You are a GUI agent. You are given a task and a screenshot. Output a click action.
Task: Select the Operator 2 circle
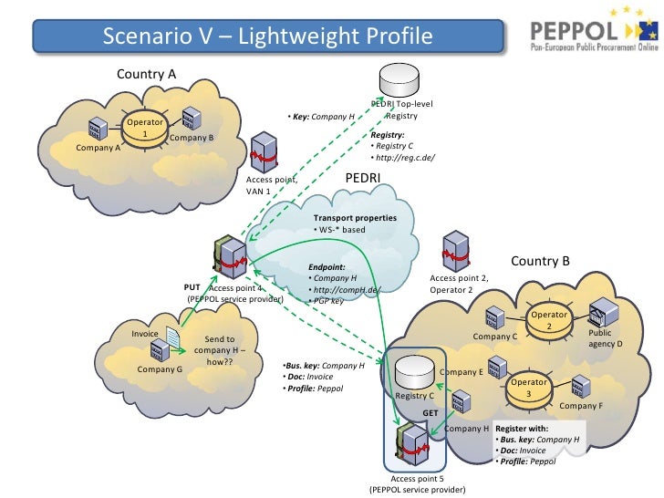coord(549,321)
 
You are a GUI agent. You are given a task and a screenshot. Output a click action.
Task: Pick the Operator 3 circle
coord(528,387)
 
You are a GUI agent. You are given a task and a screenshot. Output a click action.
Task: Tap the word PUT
coord(192,287)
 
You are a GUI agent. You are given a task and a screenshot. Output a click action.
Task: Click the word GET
coord(431,413)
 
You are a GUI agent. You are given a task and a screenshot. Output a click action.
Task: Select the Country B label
coord(540,261)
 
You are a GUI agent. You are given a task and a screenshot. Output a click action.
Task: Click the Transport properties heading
coord(355,218)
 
